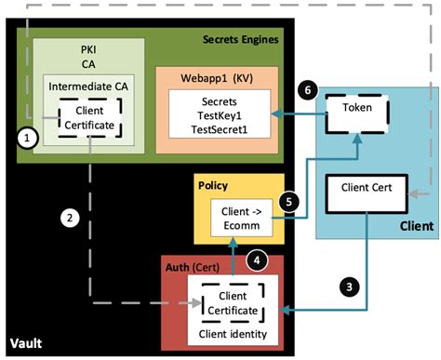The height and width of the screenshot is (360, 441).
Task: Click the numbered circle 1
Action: [x=29, y=137]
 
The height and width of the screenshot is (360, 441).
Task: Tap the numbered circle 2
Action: [x=67, y=219]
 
